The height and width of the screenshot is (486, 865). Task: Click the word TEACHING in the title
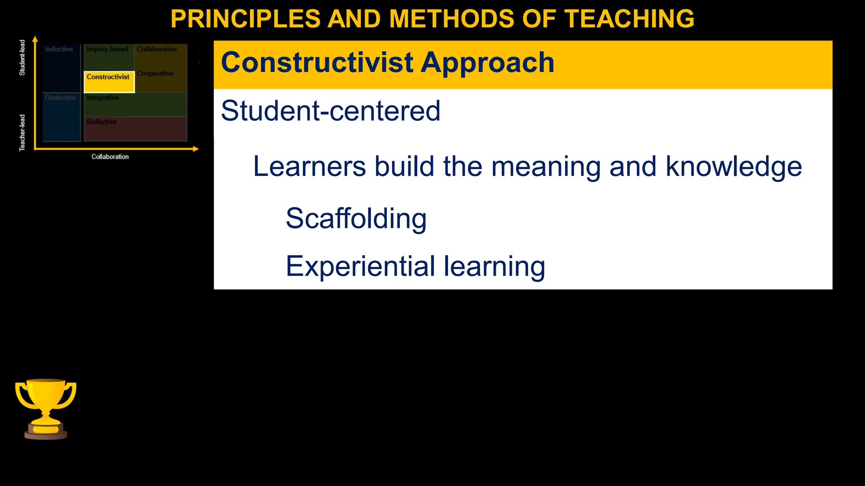[x=629, y=19]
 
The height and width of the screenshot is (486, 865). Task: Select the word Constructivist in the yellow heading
[x=317, y=62]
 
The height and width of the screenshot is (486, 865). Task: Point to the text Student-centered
[x=330, y=111]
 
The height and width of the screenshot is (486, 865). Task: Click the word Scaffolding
[x=356, y=219]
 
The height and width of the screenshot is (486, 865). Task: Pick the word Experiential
[x=360, y=266]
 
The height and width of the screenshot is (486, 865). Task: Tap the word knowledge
[x=734, y=166]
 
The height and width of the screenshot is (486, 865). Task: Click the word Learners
[x=309, y=166]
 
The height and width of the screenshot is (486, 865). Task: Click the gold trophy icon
[x=46, y=408]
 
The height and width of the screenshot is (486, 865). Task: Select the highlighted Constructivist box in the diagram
[x=109, y=82]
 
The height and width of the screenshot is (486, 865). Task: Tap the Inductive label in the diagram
[x=59, y=49]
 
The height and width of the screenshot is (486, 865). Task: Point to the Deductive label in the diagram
[x=60, y=98]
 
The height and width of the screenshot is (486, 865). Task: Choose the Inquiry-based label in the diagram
[x=107, y=49]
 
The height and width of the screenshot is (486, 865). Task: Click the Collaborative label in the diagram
[x=157, y=49]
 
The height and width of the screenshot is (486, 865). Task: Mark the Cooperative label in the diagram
[x=155, y=73]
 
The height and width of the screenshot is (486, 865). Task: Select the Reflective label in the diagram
[x=102, y=122]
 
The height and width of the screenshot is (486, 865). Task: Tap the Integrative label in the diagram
[x=103, y=98]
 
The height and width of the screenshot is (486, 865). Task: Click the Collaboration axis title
[x=110, y=157]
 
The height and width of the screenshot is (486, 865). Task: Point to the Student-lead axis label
[x=22, y=58]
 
